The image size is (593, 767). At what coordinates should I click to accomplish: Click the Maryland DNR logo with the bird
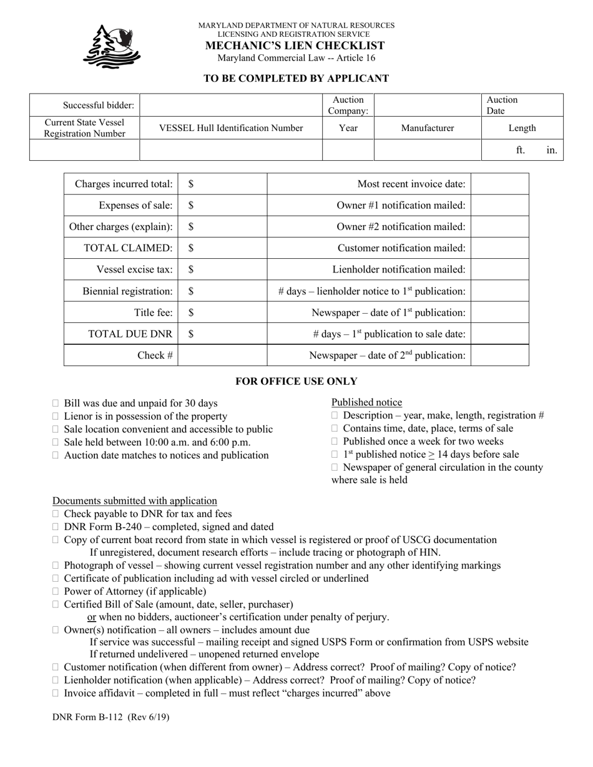coord(112,46)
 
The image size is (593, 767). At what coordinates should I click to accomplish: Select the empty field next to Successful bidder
coord(230,105)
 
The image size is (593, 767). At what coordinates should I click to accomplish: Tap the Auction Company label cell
coord(348,105)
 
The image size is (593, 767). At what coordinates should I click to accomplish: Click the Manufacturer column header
coord(428,128)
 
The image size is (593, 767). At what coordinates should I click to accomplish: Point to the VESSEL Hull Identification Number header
coord(231,128)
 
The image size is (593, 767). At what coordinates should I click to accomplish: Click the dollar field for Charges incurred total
coord(222,184)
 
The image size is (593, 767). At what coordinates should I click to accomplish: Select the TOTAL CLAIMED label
coord(128,248)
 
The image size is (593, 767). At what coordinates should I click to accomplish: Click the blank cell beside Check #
coord(222,355)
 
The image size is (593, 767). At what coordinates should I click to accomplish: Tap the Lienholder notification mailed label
coord(399,269)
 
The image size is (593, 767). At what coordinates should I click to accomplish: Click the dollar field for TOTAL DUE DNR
coord(222,334)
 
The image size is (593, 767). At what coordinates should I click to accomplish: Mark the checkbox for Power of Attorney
coord(56,591)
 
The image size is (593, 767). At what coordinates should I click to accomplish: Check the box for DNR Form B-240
coord(56,527)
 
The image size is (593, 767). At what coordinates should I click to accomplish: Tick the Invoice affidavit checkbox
coord(56,693)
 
